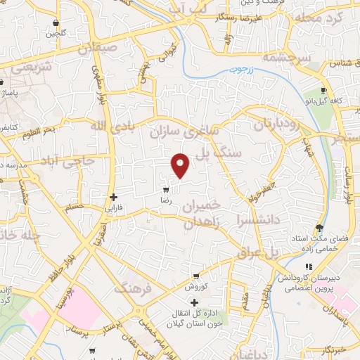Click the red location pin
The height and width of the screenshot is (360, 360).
pos(181,165)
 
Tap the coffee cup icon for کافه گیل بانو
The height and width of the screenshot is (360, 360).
pos(323,91)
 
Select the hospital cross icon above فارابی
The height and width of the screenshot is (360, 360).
pos(113,198)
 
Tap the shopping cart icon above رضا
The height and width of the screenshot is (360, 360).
pos(166,190)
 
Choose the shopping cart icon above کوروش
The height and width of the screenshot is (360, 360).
pos(195,276)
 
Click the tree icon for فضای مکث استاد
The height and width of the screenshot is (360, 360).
pos(320,227)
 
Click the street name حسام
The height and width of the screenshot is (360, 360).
pos(74,207)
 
